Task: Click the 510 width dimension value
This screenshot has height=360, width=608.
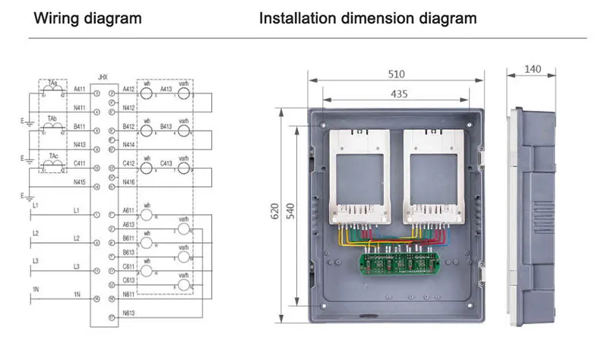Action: [x=397, y=74]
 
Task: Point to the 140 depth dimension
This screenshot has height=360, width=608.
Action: [x=533, y=70]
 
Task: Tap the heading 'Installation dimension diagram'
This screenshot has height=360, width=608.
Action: [x=368, y=17]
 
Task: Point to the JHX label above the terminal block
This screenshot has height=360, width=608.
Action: [x=103, y=76]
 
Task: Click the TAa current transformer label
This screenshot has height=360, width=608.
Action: [x=52, y=81]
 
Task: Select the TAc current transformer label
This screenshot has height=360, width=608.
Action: [x=52, y=156]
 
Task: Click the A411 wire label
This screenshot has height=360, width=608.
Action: [x=79, y=89]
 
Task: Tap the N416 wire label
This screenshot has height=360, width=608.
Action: [x=128, y=182]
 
